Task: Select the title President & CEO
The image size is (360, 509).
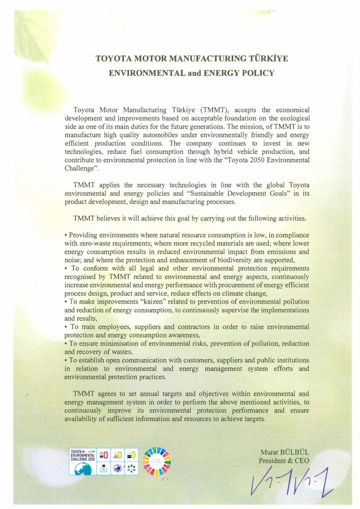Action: tap(284, 461)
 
